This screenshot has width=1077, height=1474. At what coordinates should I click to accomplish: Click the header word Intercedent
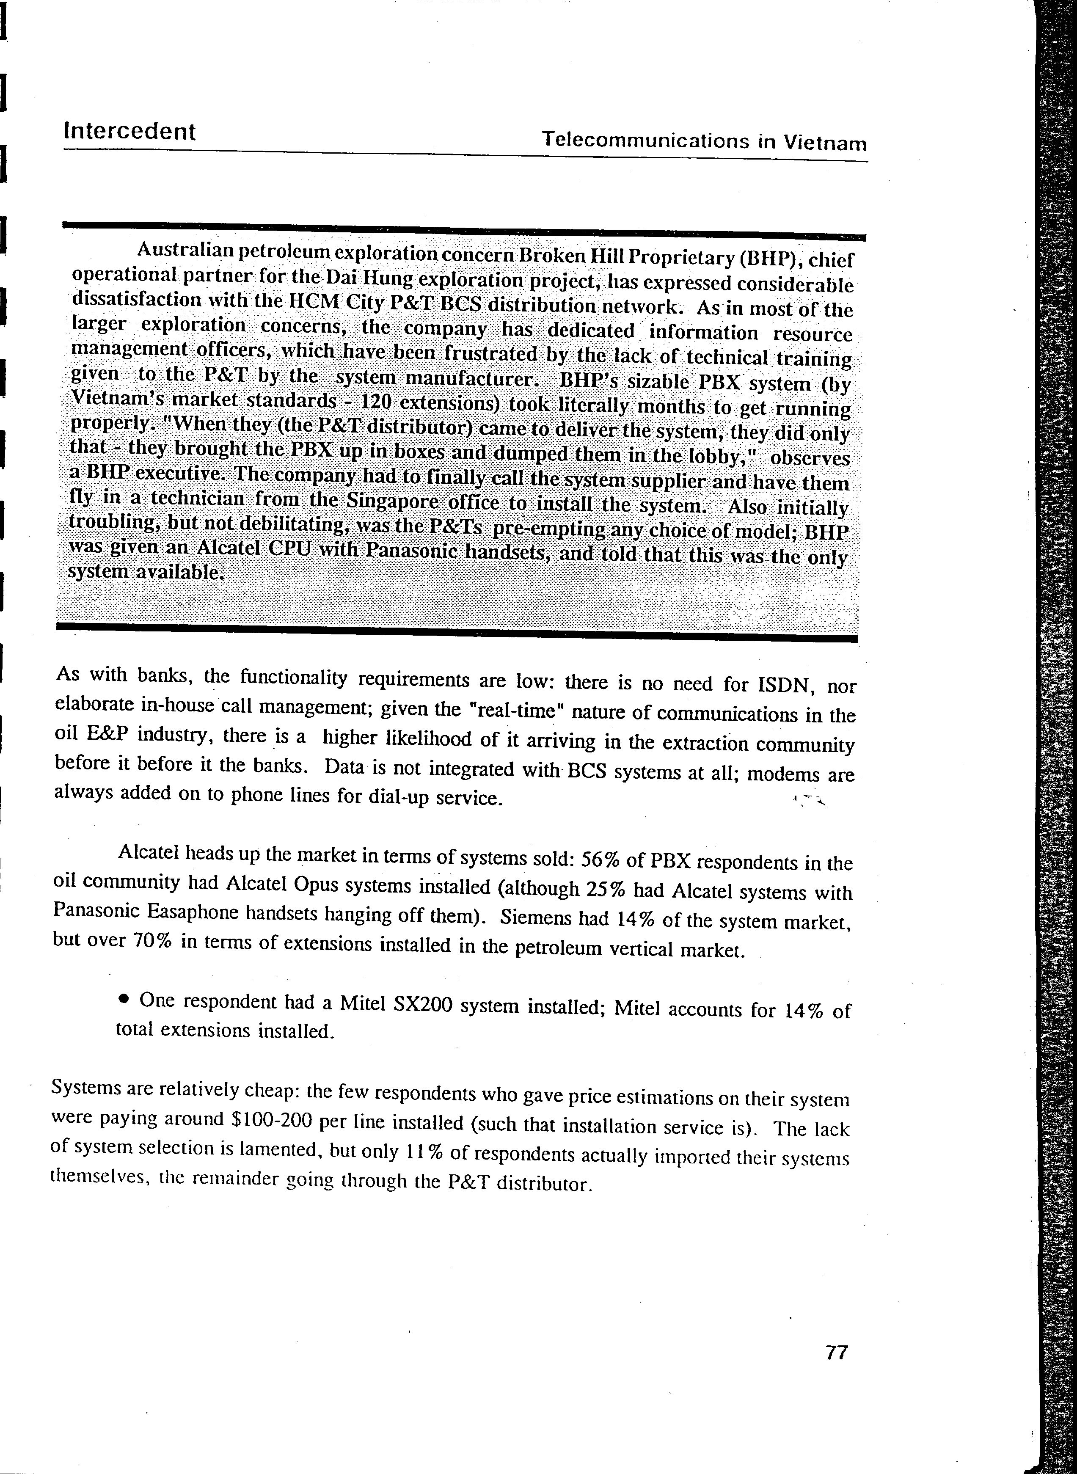click(x=130, y=132)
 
